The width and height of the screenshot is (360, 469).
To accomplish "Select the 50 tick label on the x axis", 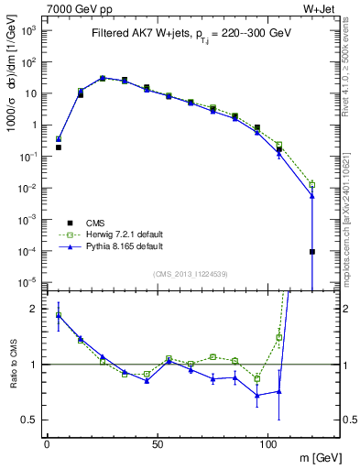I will [x=158, y=445].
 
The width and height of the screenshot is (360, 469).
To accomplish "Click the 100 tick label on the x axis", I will [x=267, y=445].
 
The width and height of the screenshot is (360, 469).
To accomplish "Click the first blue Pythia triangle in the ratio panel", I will [x=59, y=315].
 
